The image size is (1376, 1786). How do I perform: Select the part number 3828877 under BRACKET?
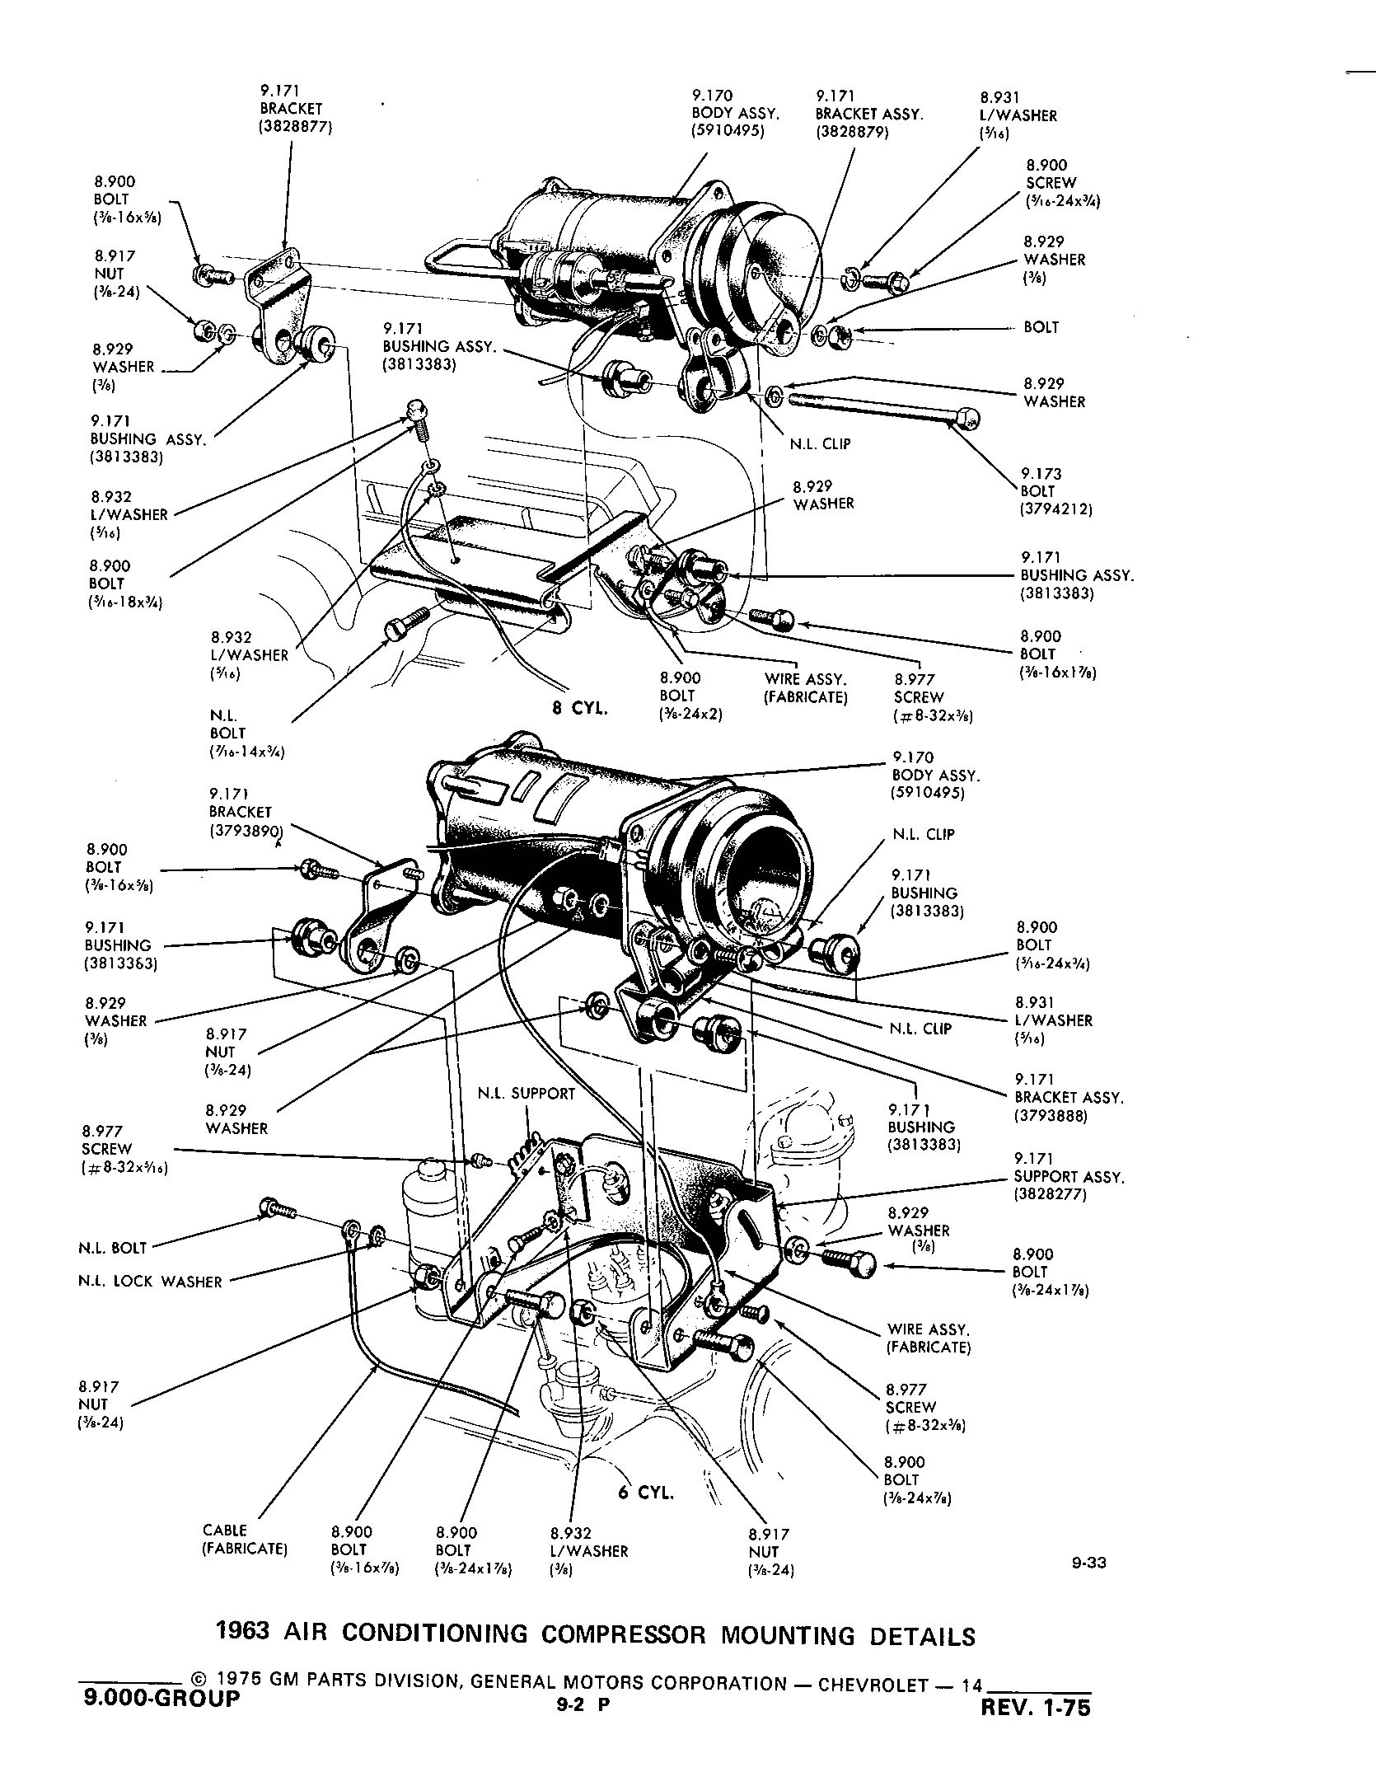pyautogui.click(x=296, y=126)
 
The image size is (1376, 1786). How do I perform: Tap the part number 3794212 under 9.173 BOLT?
pyautogui.click(x=1056, y=509)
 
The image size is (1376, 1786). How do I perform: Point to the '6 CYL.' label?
pyautogui.click(x=646, y=1493)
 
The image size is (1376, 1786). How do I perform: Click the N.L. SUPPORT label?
pyautogui.click(x=526, y=1094)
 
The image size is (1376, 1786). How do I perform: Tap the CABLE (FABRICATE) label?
pyautogui.click(x=245, y=1540)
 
